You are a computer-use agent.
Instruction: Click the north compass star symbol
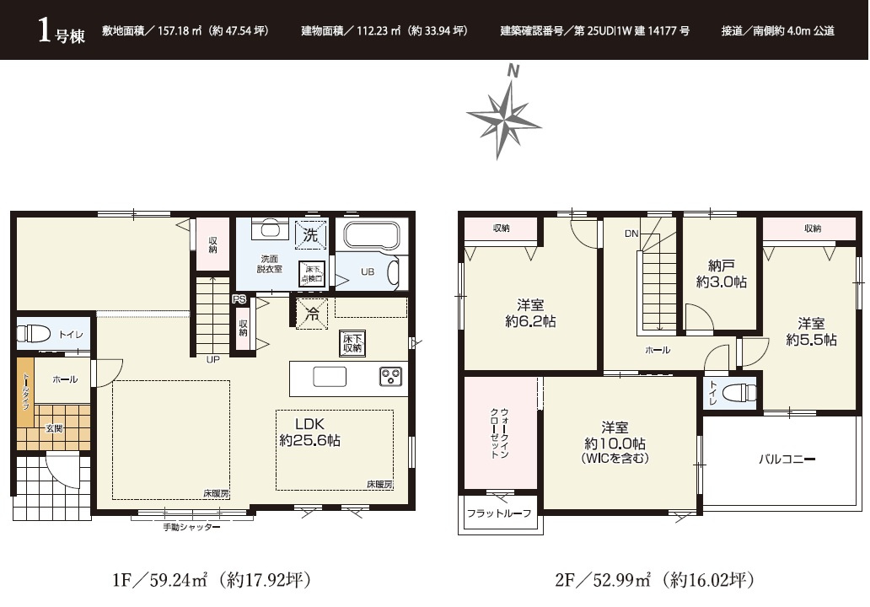(503, 119)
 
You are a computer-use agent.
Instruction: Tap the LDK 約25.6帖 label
(309, 432)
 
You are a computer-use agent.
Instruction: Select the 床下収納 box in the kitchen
(352, 343)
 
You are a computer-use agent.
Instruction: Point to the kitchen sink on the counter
(330, 378)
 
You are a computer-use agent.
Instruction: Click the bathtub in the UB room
(371, 235)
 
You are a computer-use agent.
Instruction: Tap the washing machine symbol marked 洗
(310, 234)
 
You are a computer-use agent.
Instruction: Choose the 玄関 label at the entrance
(54, 428)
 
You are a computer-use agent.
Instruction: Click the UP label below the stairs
(213, 359)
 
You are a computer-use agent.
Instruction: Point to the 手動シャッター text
(191, 527)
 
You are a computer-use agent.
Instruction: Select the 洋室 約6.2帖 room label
(530, 313)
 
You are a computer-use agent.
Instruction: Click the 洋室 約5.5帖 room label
(811, 331)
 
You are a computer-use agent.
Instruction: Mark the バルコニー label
(787, 459)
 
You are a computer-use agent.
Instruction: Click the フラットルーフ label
(499, 513)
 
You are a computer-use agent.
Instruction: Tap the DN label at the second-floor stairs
(631, 234)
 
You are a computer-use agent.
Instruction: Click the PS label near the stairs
(239, 299)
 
